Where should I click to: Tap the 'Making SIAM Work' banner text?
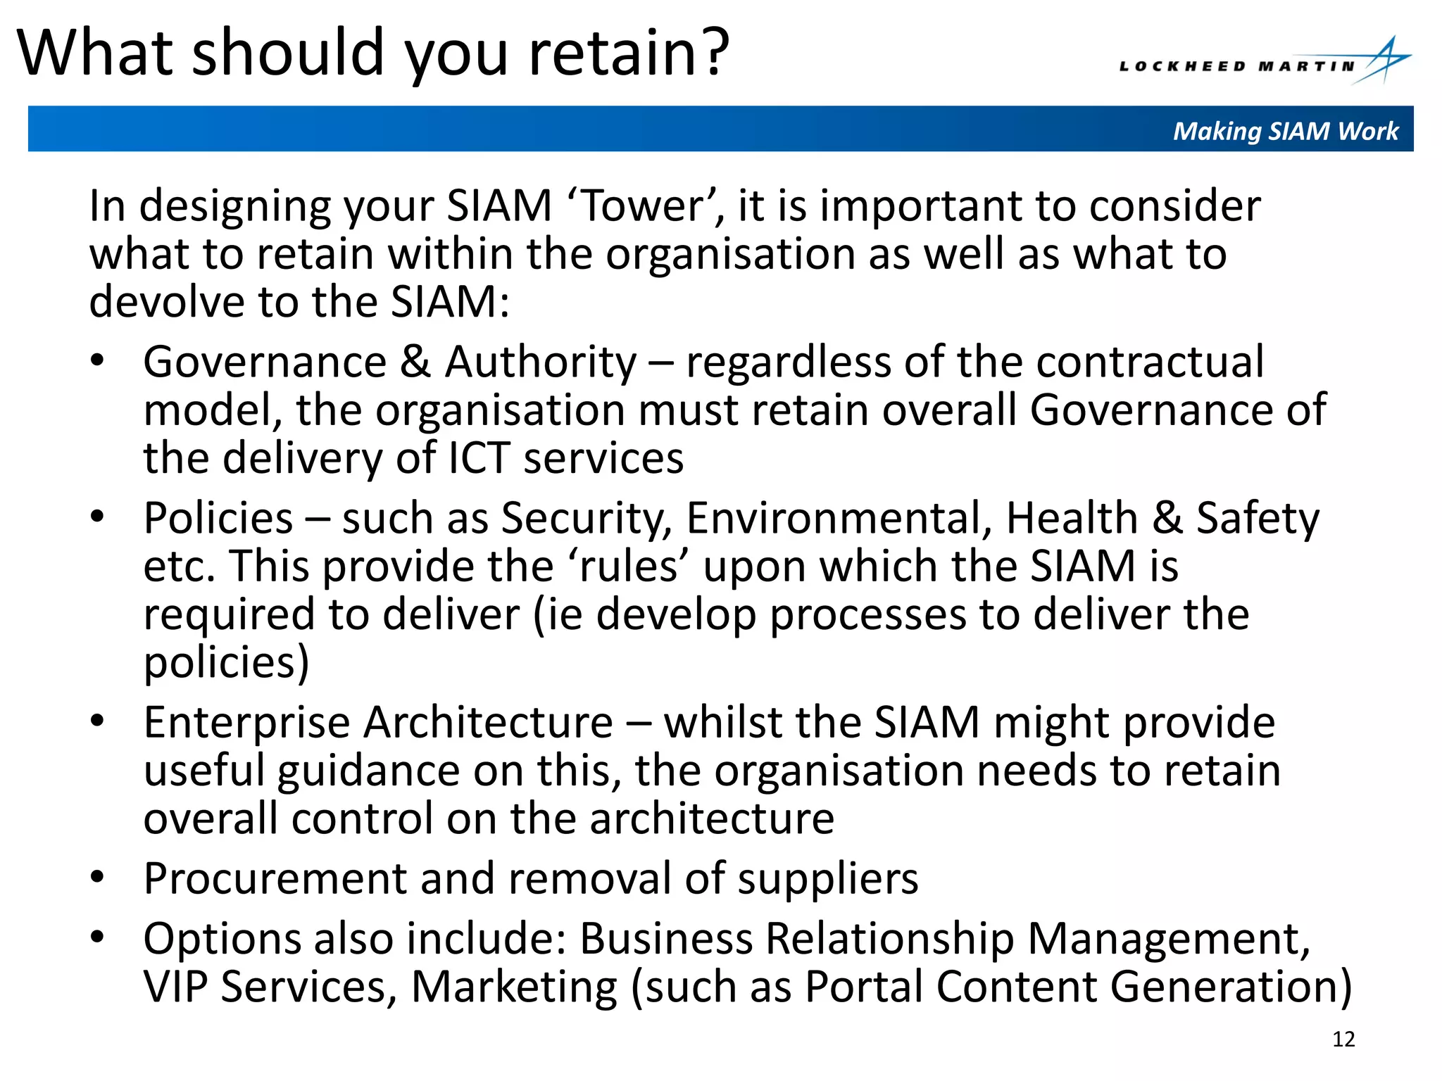click(x=1285, y=131)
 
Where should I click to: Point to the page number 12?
click(x=1343, y=1039)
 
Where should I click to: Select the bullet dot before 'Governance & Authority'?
click(x=97, y=361)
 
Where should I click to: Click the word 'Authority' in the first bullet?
click(x=541, y=362)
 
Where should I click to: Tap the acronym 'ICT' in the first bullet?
click(x=478, y=458)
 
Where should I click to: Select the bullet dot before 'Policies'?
click(x=97, y=517)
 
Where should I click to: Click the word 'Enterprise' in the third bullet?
click(x=246, y=723)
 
